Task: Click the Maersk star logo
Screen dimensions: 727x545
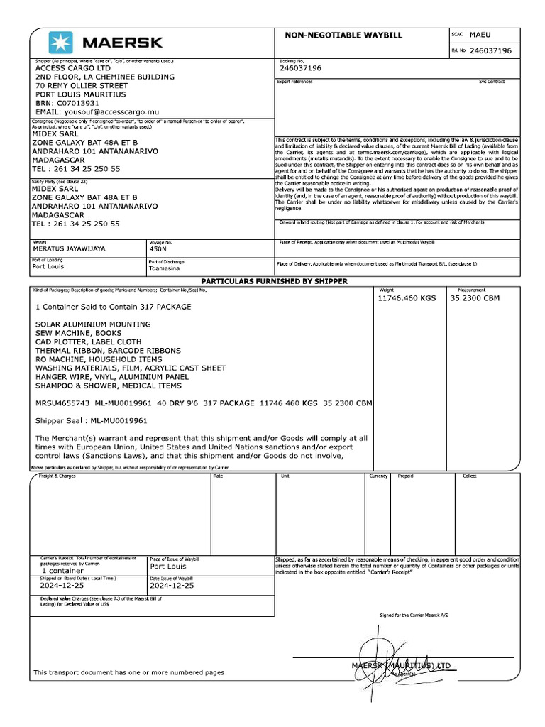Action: pos(60,43)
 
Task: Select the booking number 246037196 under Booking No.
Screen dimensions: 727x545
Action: pos(301,68)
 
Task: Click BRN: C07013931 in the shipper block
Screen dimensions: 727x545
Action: pos(68,103)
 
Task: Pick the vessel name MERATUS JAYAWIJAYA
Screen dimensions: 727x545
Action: pos(70,249)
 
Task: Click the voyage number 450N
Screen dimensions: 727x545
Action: pos(158,249)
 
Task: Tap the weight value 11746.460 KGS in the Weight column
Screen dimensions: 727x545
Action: pos(408,298)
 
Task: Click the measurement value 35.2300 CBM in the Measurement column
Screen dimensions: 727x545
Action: pos(475,298)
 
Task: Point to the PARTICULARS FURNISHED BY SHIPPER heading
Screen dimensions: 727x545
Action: pos(275,281)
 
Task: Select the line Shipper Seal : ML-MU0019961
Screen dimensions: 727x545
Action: pos(91,420)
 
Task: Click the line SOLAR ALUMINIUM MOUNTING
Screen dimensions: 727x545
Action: pos(93,324)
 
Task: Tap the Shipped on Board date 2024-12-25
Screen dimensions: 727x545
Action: pos(62,586)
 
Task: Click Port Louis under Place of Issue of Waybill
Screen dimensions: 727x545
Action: pos(167,567)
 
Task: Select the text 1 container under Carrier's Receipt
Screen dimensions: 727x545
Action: pos(63,570)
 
